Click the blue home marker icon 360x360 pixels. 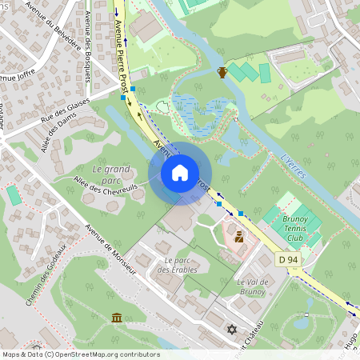point(180,173)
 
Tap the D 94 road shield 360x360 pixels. point(289,260)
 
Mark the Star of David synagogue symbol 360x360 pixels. point(233,329)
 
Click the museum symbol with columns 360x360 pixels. point(118,318)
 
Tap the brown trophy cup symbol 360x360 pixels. point(222,72)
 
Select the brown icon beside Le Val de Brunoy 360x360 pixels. point(238,237)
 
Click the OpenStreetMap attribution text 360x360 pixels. point(81,354)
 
